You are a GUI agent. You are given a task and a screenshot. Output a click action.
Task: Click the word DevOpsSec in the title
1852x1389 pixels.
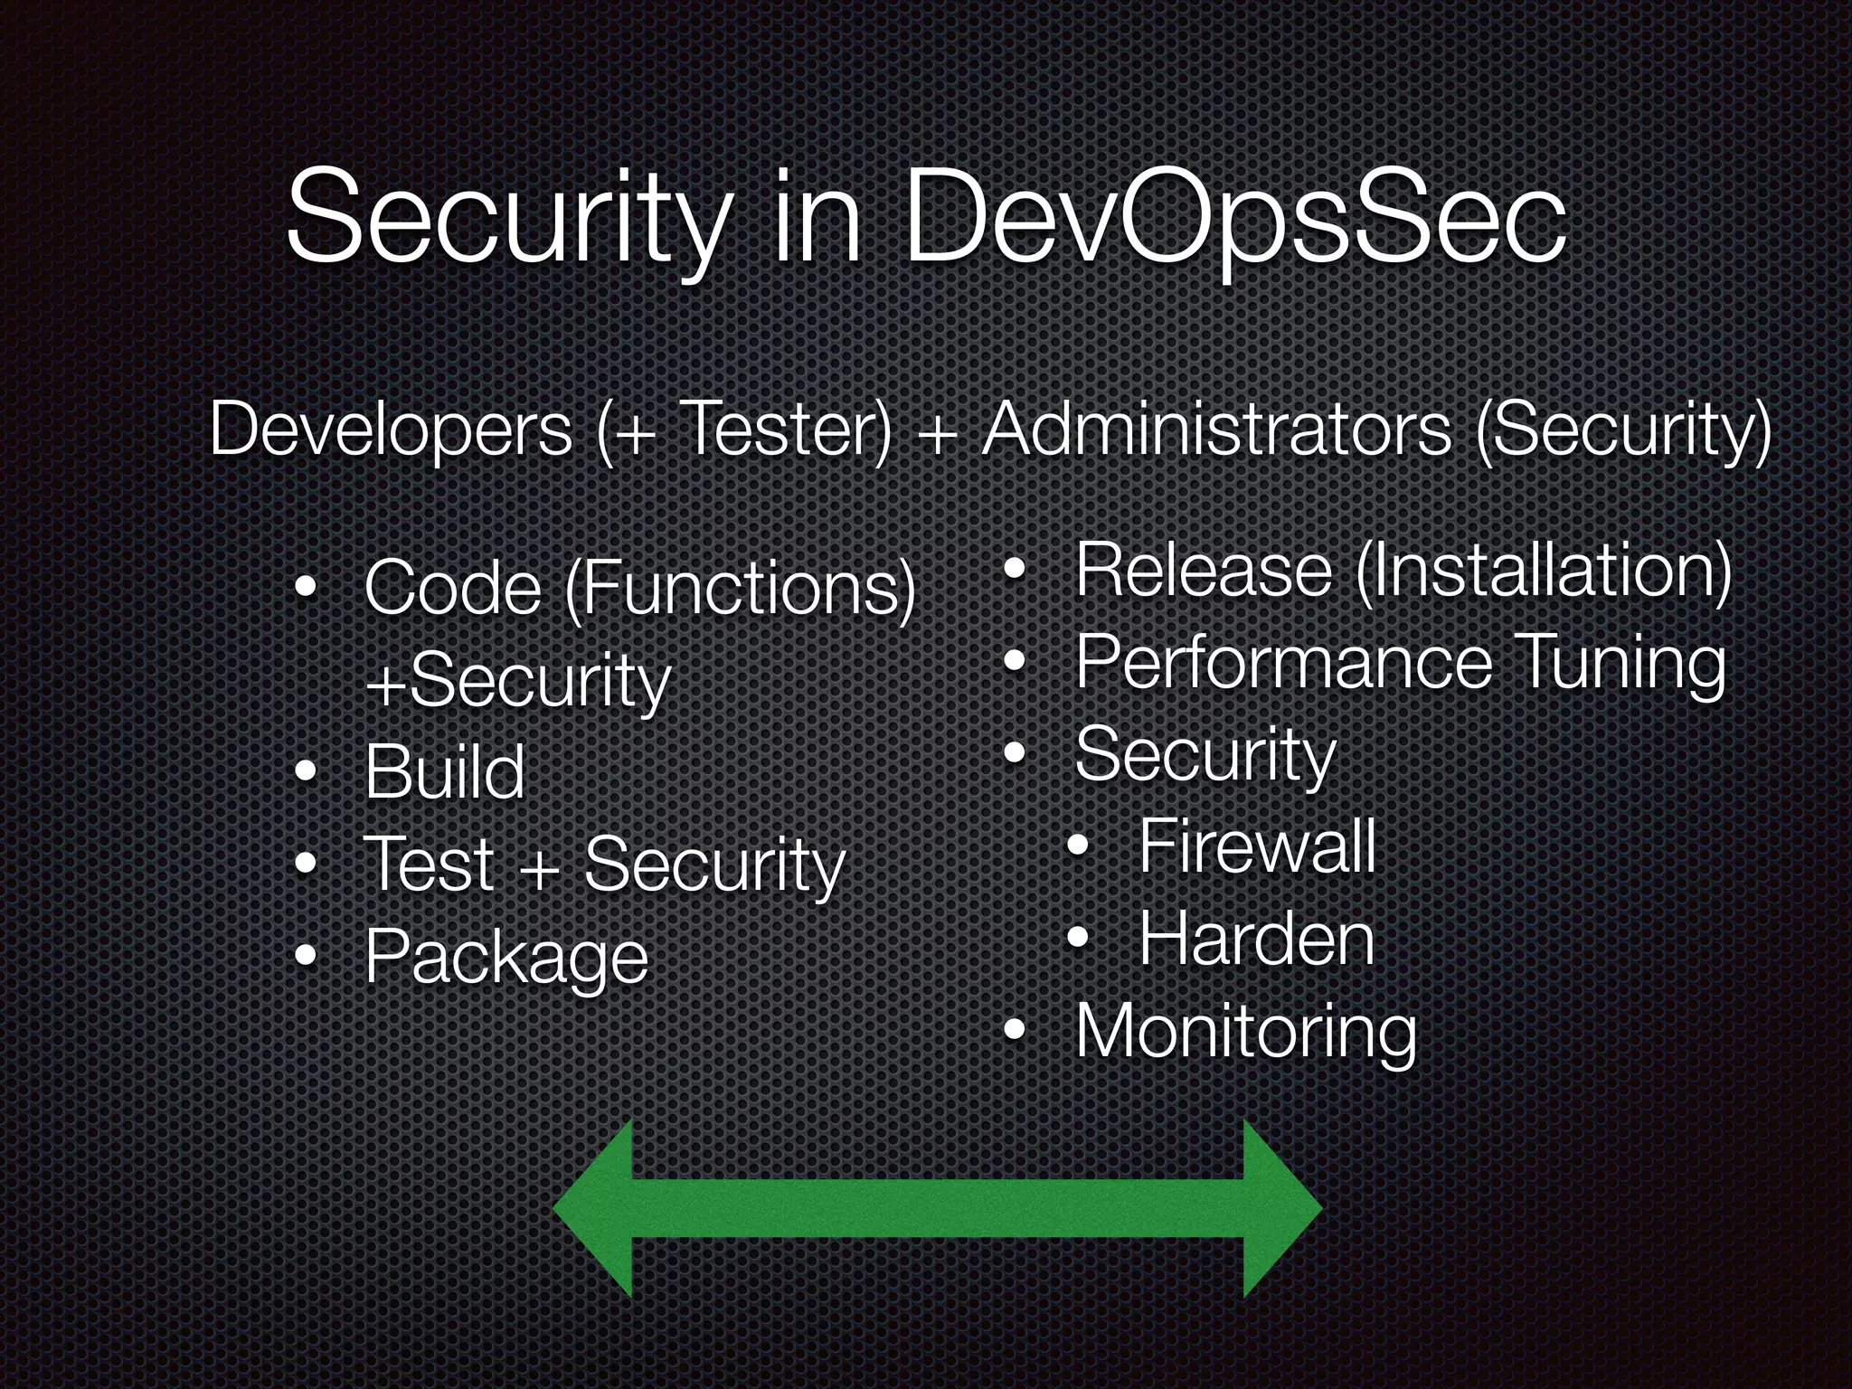click(1234, 220)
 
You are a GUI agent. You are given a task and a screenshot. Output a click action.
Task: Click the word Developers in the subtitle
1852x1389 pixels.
click(391, 430)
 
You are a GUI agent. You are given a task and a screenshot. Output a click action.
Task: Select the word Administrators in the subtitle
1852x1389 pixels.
click(1216, 430)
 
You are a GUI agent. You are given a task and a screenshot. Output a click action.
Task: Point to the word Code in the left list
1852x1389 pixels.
click(452, 589)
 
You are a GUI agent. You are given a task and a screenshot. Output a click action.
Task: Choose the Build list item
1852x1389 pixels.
click(444, 772)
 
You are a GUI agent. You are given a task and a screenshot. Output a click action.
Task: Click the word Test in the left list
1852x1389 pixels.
click(428, 864)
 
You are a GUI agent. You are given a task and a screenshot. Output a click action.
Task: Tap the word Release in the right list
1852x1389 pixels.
click(1204, 572)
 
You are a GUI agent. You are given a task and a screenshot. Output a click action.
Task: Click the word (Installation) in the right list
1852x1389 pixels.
click(1543, 572)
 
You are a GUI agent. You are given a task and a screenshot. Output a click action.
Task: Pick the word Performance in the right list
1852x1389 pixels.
click(1283, 663)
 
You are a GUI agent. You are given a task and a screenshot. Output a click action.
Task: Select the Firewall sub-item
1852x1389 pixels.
click(1257, 846)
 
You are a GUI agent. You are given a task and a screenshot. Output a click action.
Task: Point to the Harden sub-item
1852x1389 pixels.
click(1257, 939)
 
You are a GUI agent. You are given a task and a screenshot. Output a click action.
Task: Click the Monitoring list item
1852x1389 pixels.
click(1246, 1032)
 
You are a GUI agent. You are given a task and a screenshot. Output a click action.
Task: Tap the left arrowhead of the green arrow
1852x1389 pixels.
click(593, 1208)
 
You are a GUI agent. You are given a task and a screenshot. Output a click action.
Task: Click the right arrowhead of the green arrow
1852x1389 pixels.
click(1282, 1208)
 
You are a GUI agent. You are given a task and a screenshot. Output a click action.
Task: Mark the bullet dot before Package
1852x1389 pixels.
click(307, 955)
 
